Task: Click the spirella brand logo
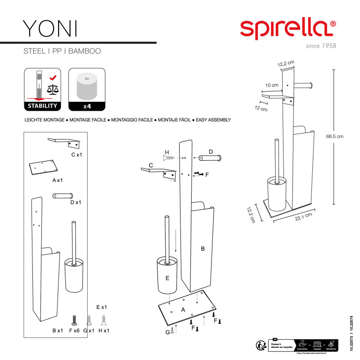288,28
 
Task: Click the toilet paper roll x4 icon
86,90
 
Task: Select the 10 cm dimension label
271,85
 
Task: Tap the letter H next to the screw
166,152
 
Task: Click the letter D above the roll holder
210,151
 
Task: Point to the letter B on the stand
202,248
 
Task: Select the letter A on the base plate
183,310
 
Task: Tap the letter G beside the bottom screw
167,332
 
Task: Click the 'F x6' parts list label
74,331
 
